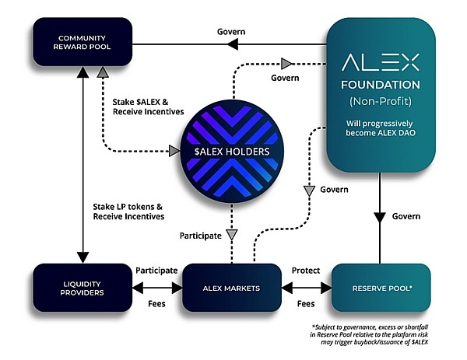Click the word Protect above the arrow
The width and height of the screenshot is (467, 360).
(x=306, y=270)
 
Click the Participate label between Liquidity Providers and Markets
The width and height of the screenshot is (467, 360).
(x=156, y=270)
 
